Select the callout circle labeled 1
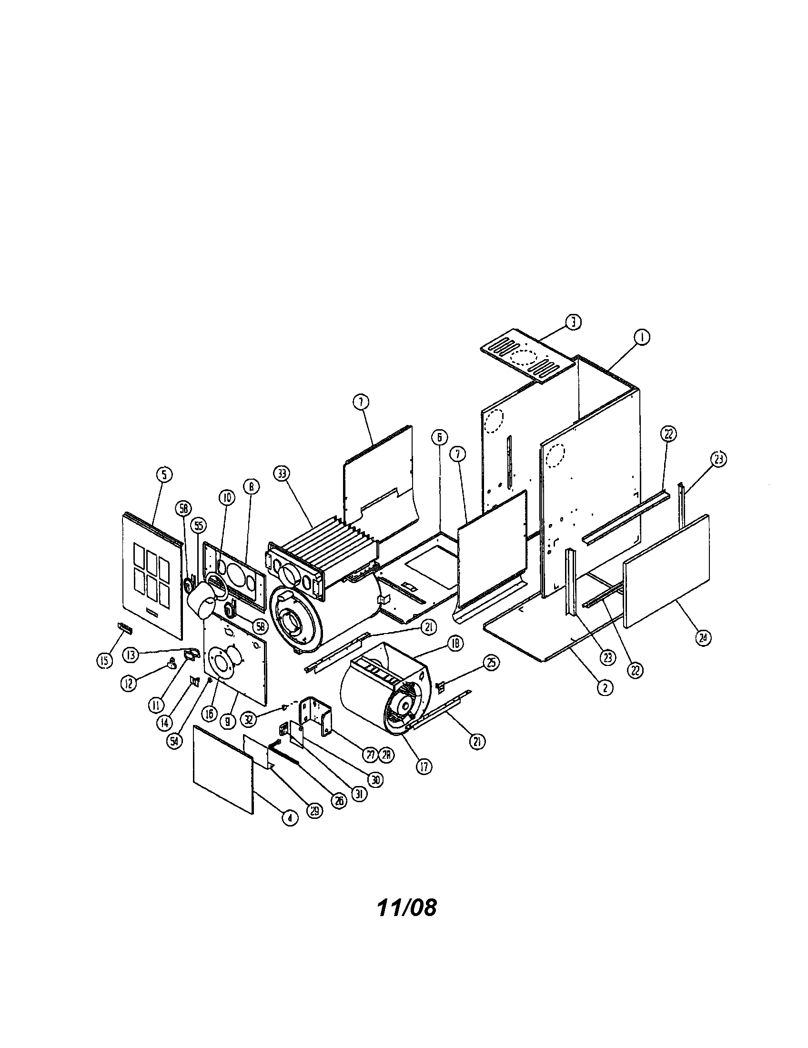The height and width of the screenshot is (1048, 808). click(641, 338)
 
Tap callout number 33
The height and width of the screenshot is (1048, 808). click(282, 474)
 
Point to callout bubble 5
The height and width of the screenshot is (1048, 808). click(164, 474)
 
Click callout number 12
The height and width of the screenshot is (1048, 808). click(127, 683)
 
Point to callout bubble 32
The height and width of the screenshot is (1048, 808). click(248, 719)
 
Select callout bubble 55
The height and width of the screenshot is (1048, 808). click(198, 526)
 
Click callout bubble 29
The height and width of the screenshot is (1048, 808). click(315, 810)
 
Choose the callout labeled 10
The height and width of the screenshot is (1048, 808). click(227, 498)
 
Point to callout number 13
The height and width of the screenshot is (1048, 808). click(131, 654)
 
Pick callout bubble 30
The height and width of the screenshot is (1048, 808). click(376, 780)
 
